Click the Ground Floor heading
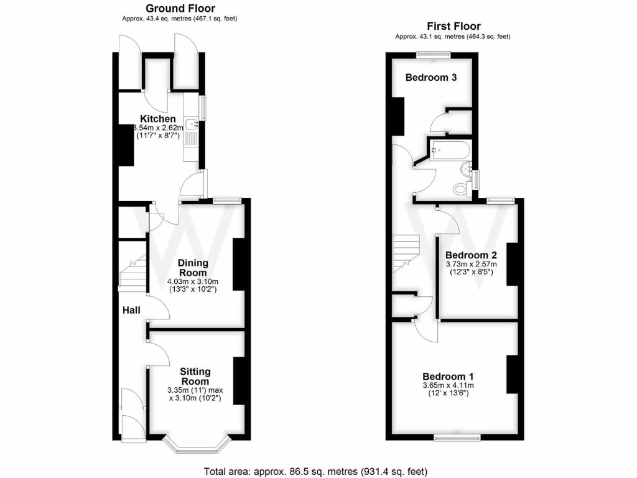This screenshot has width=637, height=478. click(x=180, y=9)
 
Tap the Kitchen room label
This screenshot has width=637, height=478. click(x=157, y=119)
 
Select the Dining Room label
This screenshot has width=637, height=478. click(x=193, y=268)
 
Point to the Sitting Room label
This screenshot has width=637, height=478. click(x=195, y=377)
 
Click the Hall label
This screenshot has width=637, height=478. click(x=131, y=310)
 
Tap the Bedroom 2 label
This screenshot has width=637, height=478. click(x=471, y=255)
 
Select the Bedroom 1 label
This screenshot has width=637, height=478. click(x=448, y=377)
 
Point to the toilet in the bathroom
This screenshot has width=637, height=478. click(x=461, y=187)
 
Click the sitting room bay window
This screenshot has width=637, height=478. click(x=196, y=444)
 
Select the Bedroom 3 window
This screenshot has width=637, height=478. click(x=434, y=55)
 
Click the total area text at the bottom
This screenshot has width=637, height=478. click(x=316, y=471)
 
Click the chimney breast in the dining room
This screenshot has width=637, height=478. click(x=238, y=264)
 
